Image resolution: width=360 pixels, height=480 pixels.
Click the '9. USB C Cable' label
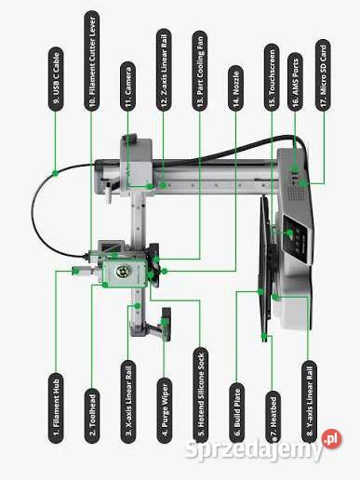coord(56,79)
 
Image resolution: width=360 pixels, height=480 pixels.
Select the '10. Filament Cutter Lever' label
coord(92,60)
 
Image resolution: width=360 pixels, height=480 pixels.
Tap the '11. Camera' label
coord(128,86)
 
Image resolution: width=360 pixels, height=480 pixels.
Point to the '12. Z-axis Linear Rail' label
coord(164,70)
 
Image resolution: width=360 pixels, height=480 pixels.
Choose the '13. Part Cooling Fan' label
coord(200,71)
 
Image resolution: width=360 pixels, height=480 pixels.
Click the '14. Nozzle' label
coord(236,87)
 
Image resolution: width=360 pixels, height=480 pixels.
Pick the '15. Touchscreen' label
coord(272,76)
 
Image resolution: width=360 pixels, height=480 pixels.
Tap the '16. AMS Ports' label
coord(295,81)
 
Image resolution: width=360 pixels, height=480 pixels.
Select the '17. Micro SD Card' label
coord(323,74)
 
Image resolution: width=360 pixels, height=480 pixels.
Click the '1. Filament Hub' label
coord(56,407)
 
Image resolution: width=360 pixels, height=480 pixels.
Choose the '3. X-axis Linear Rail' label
coord(128,401)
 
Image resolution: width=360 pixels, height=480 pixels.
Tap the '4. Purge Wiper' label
coord(164,410)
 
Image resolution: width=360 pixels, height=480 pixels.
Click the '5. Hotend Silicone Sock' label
coord(200,395)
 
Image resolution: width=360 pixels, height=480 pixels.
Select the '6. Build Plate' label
coord(237,413)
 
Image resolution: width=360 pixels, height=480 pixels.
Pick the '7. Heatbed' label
coord(273,417)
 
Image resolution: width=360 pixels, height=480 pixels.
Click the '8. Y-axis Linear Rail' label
coord(309,402)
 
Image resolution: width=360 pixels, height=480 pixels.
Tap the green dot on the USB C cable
coord(55,173)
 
